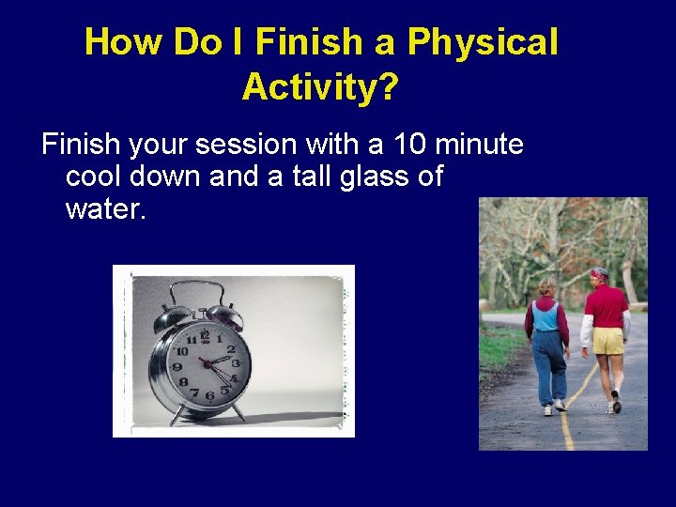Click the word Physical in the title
(x=483, y=42)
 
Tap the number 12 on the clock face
(x=205, y=335)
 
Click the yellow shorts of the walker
(x=608, y=339)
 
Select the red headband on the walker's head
(x=598, y=274)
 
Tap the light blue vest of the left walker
(x=545, y=315)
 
